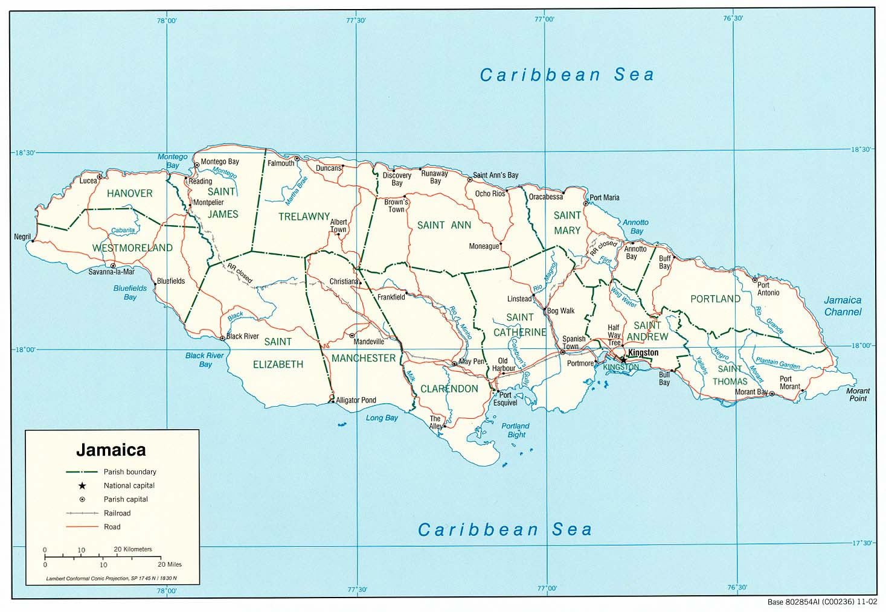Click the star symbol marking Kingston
point(623,360)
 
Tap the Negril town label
point(22,237)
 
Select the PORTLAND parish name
point(715,299)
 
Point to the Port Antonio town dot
point(754,279)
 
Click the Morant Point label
point(858,395)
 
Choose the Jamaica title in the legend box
point(111,450)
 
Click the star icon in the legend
point(82,486)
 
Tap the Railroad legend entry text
point(117,513)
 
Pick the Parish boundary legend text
point(130,472)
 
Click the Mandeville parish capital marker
point(352,335)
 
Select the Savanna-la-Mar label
point(111,272)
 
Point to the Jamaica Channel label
point(843,306)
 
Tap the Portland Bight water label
point(515,430)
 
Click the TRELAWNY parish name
point(304,216)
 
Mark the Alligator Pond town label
point(356,400)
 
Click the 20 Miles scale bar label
point(169,564)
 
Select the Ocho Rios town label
point(490,194)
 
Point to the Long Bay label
point(382,418)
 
